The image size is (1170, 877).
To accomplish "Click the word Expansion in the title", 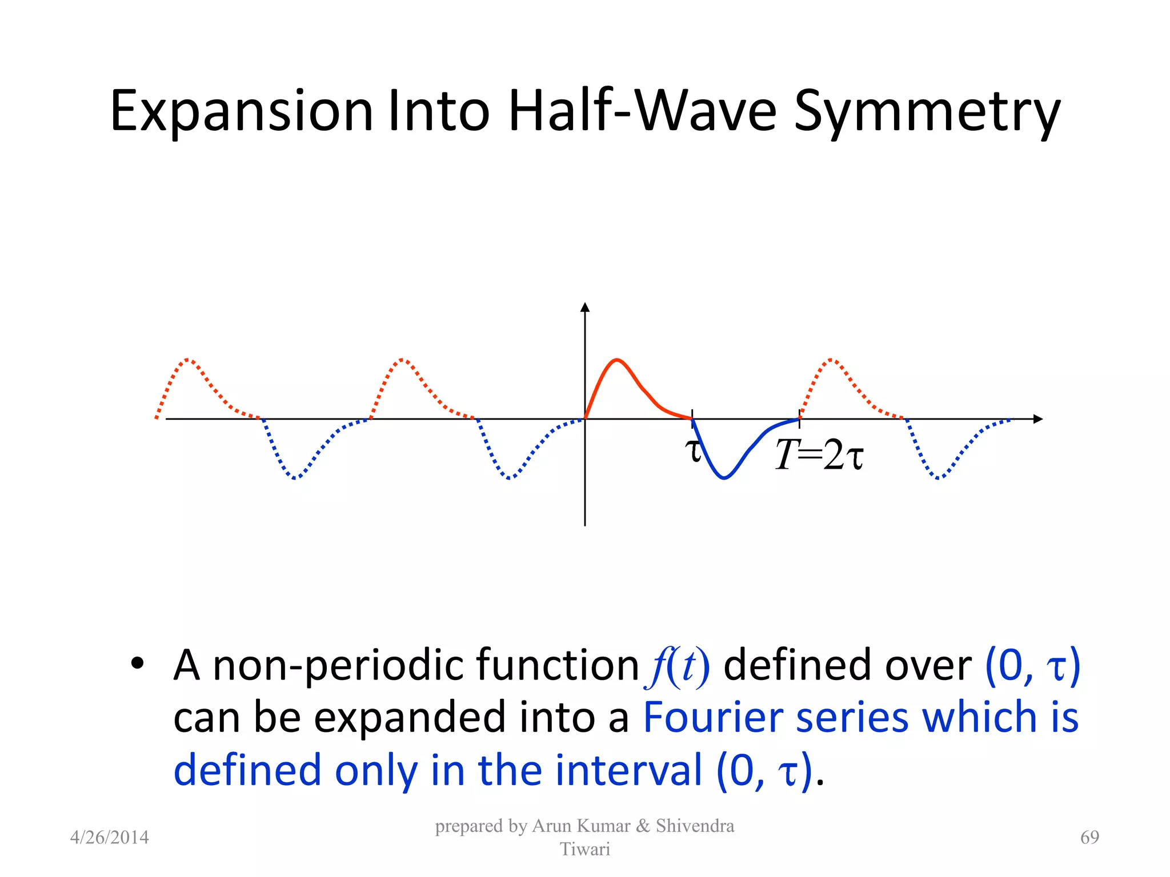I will click(241, 111).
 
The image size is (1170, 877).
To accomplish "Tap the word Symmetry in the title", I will click(927, 111).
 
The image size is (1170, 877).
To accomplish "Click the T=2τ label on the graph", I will click(819, 456).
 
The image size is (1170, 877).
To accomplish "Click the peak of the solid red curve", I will click(617, 360).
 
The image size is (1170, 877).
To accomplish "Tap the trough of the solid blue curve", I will click(724, 478).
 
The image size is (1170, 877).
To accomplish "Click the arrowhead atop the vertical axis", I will click(584, 307).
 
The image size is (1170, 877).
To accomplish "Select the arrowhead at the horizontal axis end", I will click(1038, 419).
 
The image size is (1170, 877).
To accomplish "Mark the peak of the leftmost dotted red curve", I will click(189, 360).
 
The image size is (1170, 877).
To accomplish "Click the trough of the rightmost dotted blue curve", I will click(938, 478).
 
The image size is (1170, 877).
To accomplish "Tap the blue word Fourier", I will click(712, 718).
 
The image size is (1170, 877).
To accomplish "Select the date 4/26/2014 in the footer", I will click(109, 837).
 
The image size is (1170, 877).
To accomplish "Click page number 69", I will click(1089, 837).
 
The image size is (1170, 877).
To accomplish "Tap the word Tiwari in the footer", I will click(584, 849).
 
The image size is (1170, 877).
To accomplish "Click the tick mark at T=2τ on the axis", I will click(799, 419).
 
